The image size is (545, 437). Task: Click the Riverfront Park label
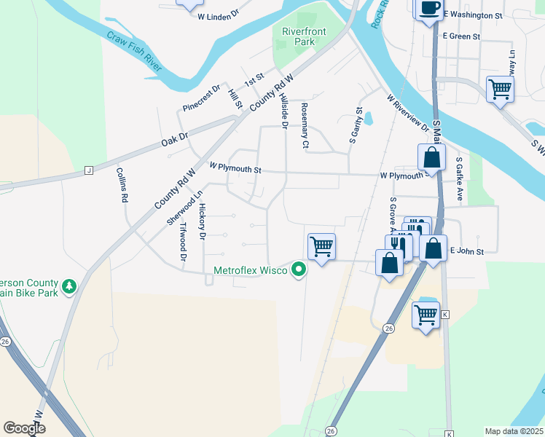299,36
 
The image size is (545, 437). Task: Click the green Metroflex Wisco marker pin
298,270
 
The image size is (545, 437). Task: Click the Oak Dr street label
174,135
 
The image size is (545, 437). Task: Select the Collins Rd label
122,184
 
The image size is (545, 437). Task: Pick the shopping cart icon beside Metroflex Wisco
321,247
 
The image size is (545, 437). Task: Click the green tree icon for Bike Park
69,286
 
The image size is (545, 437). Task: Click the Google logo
24,428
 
